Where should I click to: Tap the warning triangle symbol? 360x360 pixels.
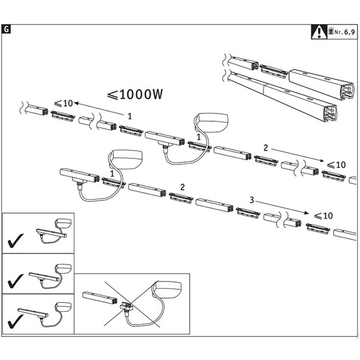click(317, 31)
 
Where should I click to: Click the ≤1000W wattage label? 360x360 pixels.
click(135, 95)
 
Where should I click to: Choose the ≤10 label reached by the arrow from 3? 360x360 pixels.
click(323, 215)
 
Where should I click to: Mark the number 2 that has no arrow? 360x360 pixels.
click(182, 188)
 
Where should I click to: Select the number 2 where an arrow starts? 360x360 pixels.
click(265, 147)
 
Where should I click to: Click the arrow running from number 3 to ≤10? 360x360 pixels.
click(282, 207)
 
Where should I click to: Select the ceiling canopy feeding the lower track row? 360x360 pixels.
click(126, 160)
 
